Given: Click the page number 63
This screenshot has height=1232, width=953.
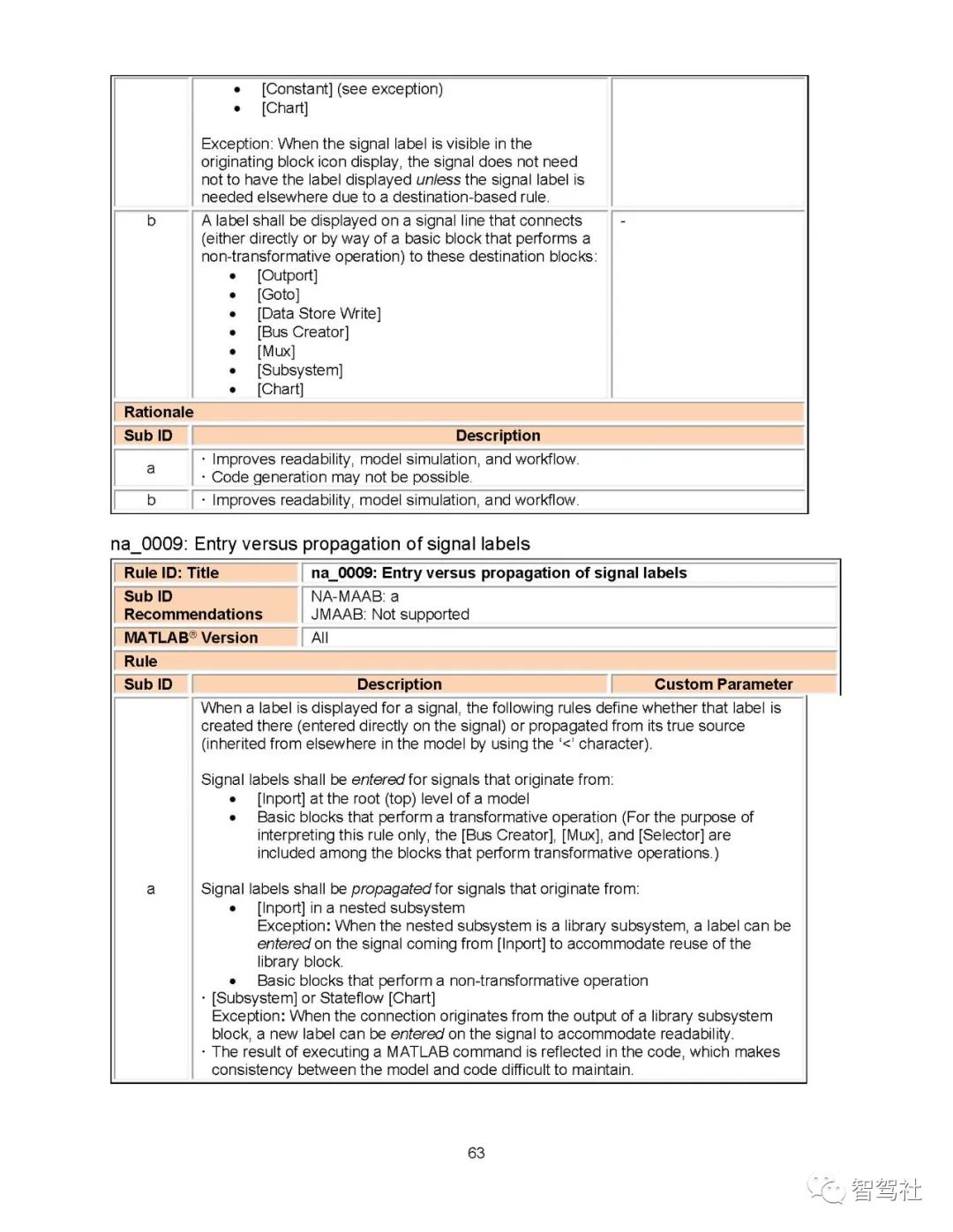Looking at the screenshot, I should [x=476, y=1153].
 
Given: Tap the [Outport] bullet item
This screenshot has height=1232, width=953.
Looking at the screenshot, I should [x=287, y=275].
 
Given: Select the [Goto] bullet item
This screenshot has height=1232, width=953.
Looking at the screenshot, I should [x=278, y=295].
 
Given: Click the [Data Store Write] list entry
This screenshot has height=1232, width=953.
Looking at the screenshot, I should [x=319, y=313].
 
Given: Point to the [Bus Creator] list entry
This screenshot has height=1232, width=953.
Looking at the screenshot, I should [x=303, y=332].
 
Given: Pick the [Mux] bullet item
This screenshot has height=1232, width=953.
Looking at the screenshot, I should [x=276, y=351].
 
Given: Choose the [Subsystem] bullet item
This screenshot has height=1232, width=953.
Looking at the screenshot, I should [x=299, y=370].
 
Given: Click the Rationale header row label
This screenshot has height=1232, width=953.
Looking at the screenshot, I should [x=159, y=412].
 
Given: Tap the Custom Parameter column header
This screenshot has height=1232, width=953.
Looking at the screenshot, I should [x=723, y=684].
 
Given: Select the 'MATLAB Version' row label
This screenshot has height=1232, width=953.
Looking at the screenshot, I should [x=191, y=638].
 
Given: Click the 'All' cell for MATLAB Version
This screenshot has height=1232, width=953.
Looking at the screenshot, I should [x=319, y=638].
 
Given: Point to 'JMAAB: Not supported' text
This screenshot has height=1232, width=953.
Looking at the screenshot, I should [x=390, y=614].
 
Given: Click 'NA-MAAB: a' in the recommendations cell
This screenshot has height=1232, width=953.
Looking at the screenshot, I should [x=355, y=596].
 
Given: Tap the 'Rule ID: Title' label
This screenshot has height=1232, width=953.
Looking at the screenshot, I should [x=171, y=572].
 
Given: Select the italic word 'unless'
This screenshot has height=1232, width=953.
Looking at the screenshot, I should [x=438, y=180].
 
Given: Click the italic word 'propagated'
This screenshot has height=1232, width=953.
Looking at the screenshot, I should [x=391, y=889].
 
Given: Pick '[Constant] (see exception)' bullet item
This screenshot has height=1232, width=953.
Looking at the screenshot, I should [x=352, y=89].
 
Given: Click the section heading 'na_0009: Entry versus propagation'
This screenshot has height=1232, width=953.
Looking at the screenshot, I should [x=320, y=544].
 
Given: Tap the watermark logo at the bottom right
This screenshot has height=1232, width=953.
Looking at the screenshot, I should [x=865, y=1190].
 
